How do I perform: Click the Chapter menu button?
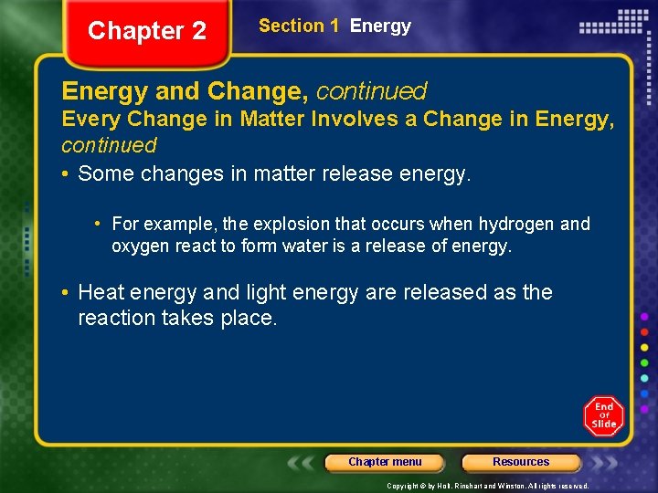pos(385,462)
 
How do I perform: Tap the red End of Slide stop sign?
pos(603,416)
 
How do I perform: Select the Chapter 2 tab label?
pos(147,31)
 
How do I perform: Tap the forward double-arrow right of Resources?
pos(603,462)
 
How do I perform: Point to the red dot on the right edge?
pos(644,332)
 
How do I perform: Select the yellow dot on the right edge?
pos(644,348)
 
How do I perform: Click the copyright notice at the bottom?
pos(488,486)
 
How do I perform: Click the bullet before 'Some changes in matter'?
pos(67,173)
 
